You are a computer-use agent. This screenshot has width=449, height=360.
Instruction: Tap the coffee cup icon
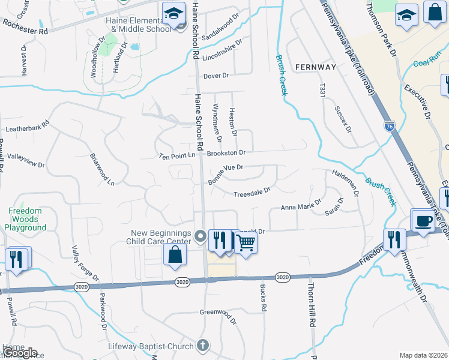pyautogui.click(x=424, y=220)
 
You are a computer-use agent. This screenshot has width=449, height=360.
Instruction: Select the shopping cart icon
pyautogui.click(x=246, y=242)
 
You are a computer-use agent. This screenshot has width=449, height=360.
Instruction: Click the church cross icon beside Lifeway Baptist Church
pyautogui.click(x=203, y=346)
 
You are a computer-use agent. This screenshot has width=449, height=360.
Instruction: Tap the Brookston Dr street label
pyautogui.click(x=226, y=154)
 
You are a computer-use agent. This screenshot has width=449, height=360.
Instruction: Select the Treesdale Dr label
pyautogui.click(x=252, y=194)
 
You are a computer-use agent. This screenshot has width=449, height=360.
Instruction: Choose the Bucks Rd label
pyautogui.click(x=263, y=298)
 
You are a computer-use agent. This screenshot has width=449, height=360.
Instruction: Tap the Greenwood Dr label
pyautogui.click(x=218, y=314)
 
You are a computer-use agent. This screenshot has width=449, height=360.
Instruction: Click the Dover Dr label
pyautogui.click(x=217, y=76)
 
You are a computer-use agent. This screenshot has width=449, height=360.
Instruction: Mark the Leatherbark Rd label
pyautogui.click(x=27, y=128)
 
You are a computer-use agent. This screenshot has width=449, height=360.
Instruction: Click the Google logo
pyautogui.click(x=19, y=353)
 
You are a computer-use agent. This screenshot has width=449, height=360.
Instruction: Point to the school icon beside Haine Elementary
pyautogui.click(x=173, y=13)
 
